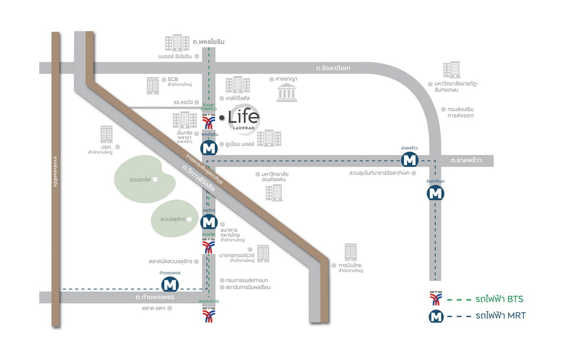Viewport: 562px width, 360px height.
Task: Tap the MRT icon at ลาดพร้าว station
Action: pyautogui.click(x=410, y=160)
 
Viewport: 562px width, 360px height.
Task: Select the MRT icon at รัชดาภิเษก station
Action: pyautogui.click(x=436, y=193)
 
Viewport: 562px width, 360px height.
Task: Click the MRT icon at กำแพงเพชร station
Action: pyautogui.click(x=169, y=285)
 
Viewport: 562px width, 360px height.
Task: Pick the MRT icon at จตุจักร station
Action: pyautogui.click(x=209, y=222)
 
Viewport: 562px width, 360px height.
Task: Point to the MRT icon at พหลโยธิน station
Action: pyautogui.click(x=209, y=148)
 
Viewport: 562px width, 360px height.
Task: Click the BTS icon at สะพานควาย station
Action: pyautogui.click(x=209, y=315)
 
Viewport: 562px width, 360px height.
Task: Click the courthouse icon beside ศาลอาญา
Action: pyautogui.click(x=287, y=93)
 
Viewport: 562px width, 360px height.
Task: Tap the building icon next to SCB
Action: pyautogui.click(x=153, y=85)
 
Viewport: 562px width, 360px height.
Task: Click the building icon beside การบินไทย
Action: pyautogui.click(x=351, y=252)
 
